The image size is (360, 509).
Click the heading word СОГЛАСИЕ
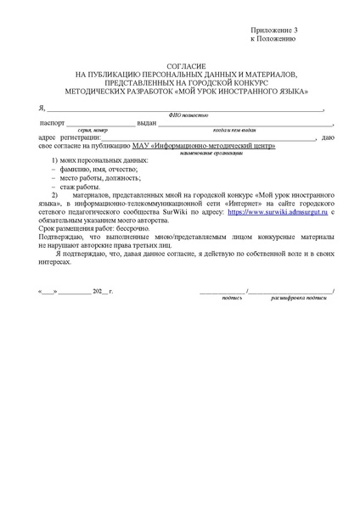point(180,65)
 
